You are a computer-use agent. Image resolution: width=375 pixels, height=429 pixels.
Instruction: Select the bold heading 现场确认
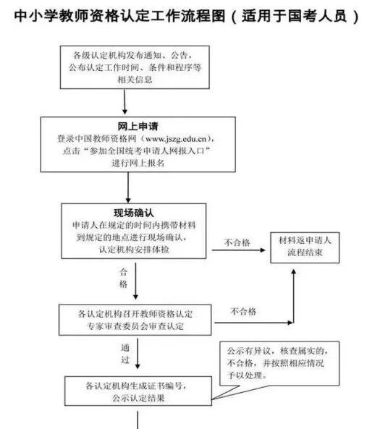(x=133, y=213)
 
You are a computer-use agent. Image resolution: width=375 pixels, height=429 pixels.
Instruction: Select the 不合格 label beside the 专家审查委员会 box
(x=243, y=312)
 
